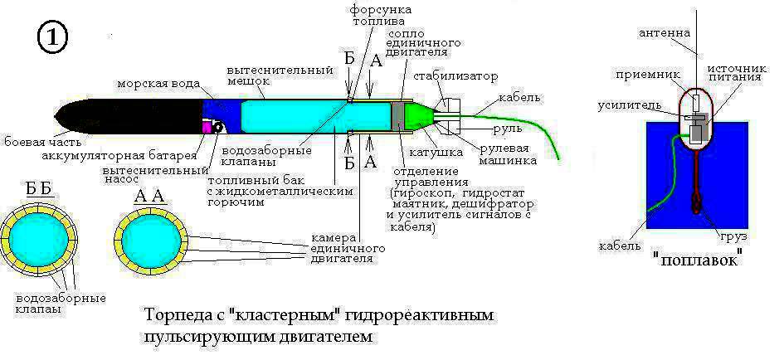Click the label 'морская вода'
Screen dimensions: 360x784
point(157,85)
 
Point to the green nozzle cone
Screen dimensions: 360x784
point(421,115)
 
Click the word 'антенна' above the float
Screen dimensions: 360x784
point(664,33)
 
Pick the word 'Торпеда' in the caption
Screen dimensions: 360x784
point(173,317)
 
